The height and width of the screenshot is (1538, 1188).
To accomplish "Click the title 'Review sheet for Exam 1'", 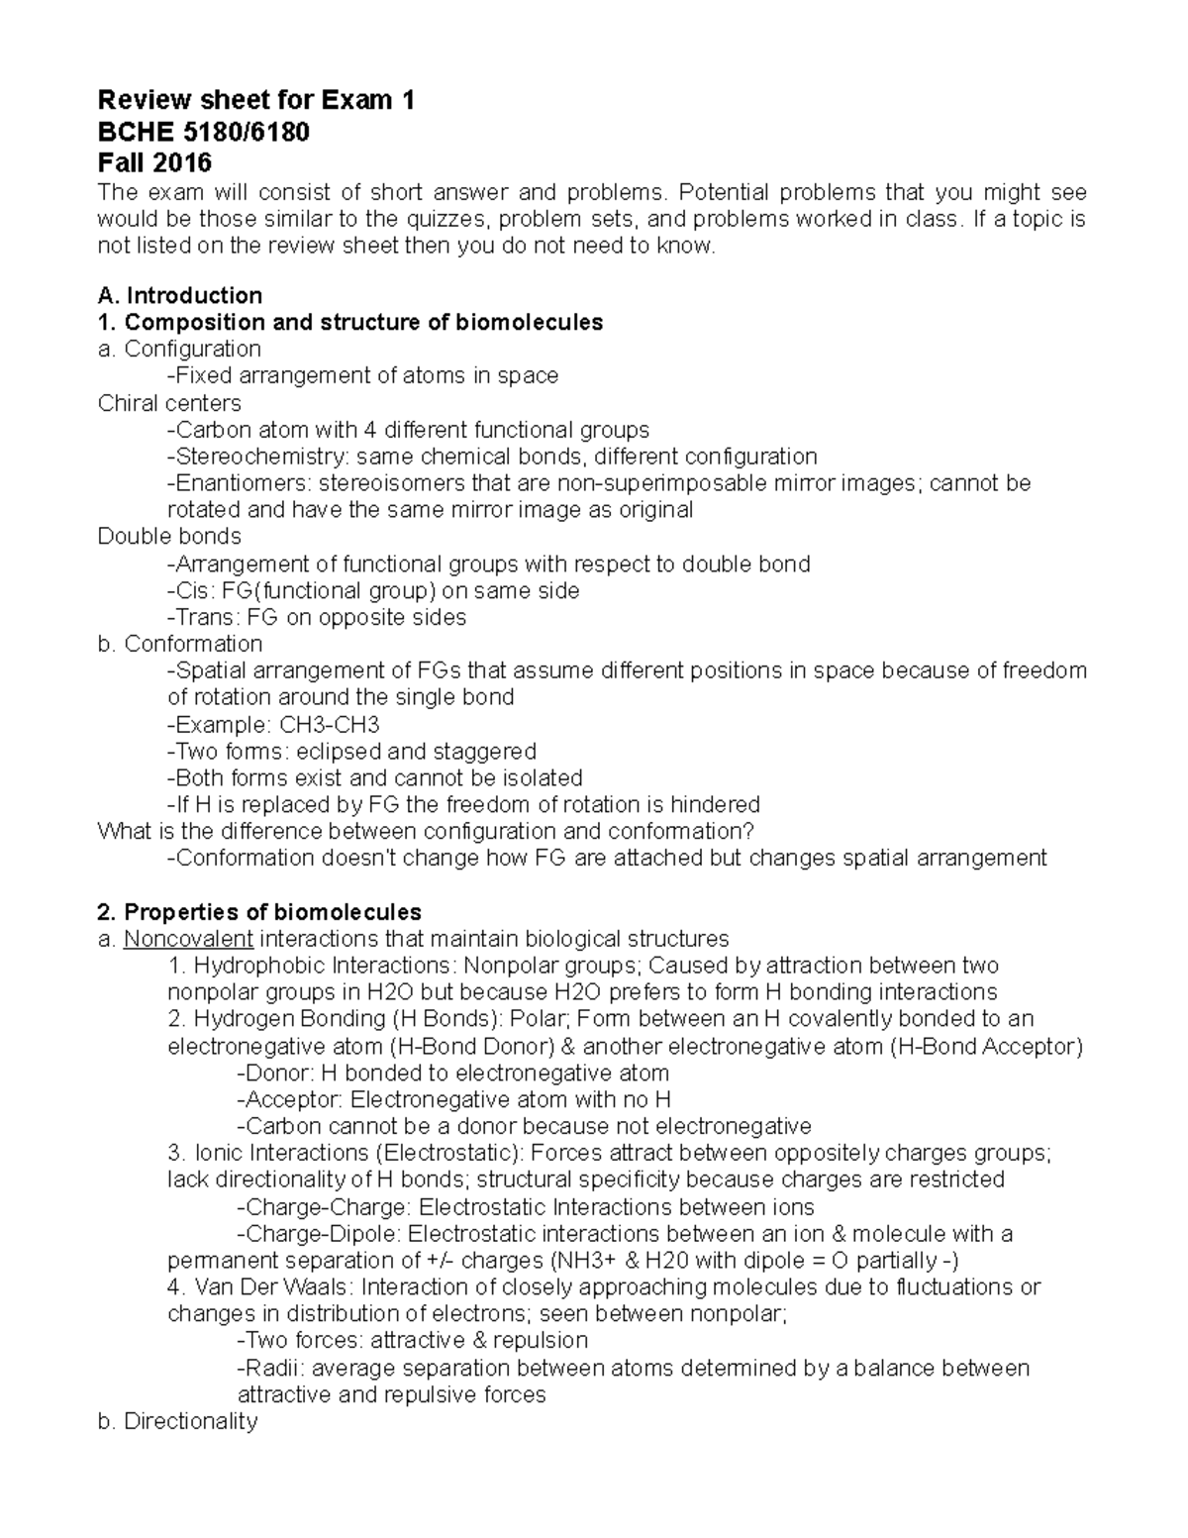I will pos(255,100).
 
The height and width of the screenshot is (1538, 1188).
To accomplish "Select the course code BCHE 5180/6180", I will pos(203,131).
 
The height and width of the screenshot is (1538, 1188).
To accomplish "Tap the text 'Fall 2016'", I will pos(154,161).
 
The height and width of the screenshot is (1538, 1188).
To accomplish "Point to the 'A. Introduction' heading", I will pos(180,295).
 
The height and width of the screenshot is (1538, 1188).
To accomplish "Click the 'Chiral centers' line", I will pos(169,403).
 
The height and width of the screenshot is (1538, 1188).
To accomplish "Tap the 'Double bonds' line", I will pos(169,537).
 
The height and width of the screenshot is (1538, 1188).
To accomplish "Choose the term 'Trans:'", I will pos(203,618).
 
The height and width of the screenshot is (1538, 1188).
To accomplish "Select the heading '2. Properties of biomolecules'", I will pos(259,911).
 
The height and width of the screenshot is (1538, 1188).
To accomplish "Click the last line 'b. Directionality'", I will pos(178,1422).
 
